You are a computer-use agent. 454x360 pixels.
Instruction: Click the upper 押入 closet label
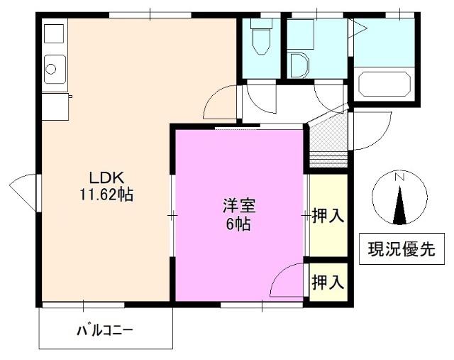[328, 216]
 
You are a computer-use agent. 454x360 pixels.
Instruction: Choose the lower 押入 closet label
[328, 282]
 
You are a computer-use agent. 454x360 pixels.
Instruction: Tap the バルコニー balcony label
[105, 331]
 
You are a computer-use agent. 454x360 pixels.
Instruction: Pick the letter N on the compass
[400, 177]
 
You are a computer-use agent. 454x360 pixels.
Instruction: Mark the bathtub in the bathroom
[384, 83]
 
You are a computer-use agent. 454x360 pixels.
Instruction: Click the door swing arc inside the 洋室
[287, 280]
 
